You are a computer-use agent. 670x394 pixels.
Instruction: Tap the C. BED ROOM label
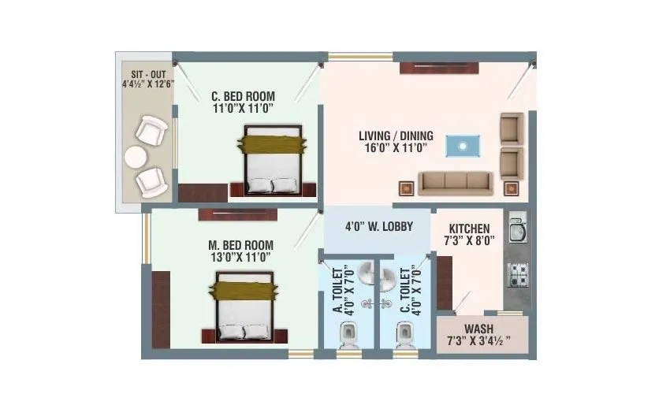[242, 98]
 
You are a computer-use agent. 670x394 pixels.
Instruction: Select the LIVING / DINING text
[395, 136]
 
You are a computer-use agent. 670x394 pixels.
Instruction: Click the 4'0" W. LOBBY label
[379, 226]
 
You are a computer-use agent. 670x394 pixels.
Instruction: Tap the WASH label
[479, 329]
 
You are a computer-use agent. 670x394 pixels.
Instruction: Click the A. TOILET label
[338, 288]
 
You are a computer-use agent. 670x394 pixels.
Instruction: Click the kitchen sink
[517, 230]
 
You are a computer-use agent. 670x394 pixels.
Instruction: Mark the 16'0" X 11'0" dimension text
[395, 147]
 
